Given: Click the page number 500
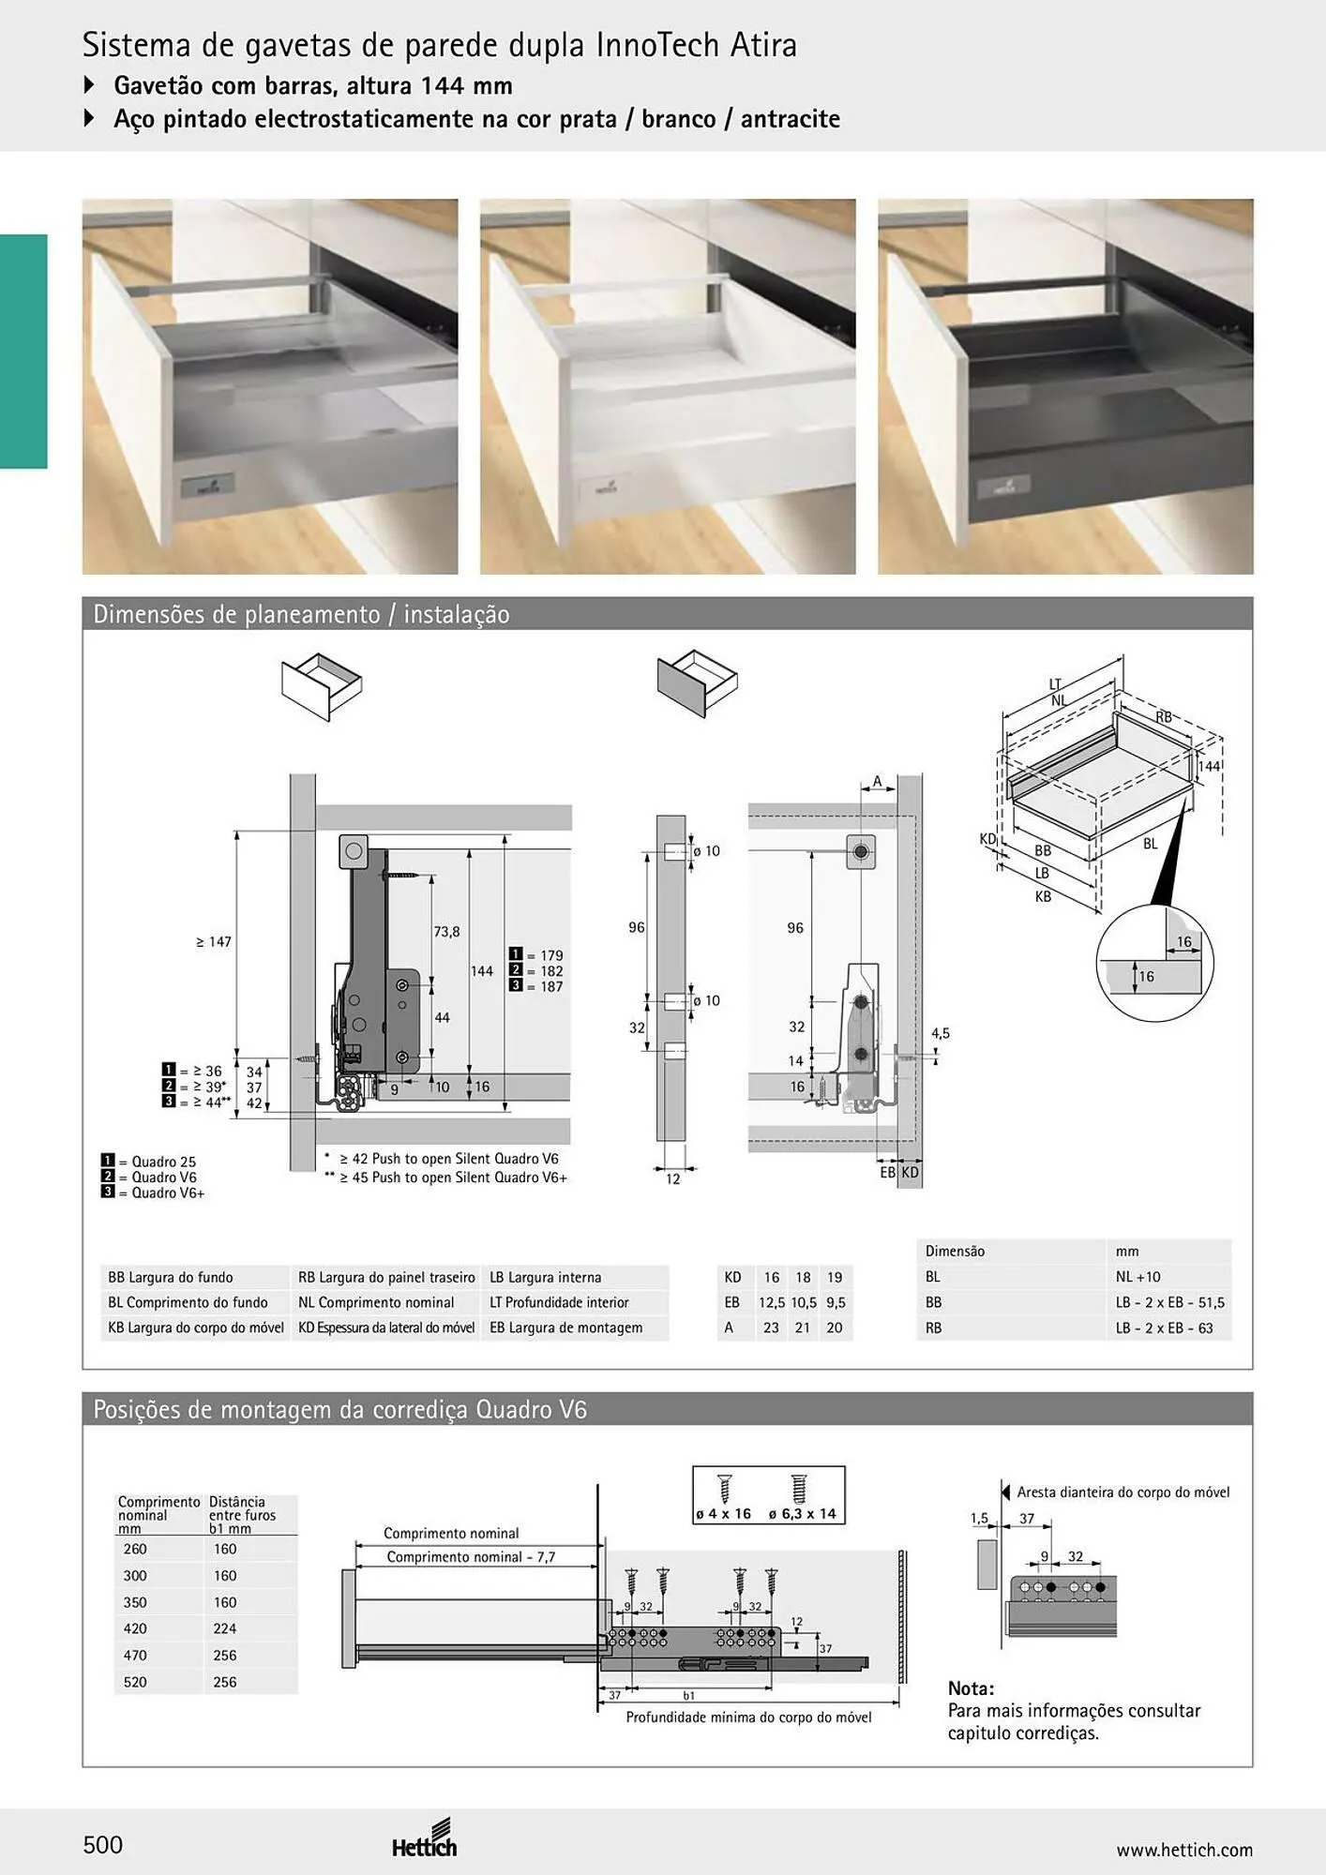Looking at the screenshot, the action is (103, 1845).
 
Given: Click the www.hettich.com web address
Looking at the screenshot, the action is (1184, 1850).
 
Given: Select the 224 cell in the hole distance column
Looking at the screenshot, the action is (225, 1628).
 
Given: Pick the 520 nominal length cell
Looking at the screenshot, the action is (135, 1682).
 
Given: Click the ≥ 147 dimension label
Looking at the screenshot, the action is (214, 942).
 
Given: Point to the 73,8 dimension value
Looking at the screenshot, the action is (446, 932).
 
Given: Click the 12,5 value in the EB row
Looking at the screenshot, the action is (772, 1302).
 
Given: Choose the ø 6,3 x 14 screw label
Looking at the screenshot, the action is (802, 1514).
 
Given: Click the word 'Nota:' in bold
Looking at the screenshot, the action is (971, 1688).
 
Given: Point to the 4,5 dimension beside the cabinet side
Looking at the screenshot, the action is (941, 1033).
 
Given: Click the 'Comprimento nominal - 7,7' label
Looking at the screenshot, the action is (471, 1557).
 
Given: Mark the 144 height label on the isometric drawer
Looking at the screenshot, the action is (1210, 766).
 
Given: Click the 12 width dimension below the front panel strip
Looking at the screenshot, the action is (673, 1179).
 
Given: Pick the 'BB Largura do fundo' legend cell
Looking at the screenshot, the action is (171, 1277).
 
